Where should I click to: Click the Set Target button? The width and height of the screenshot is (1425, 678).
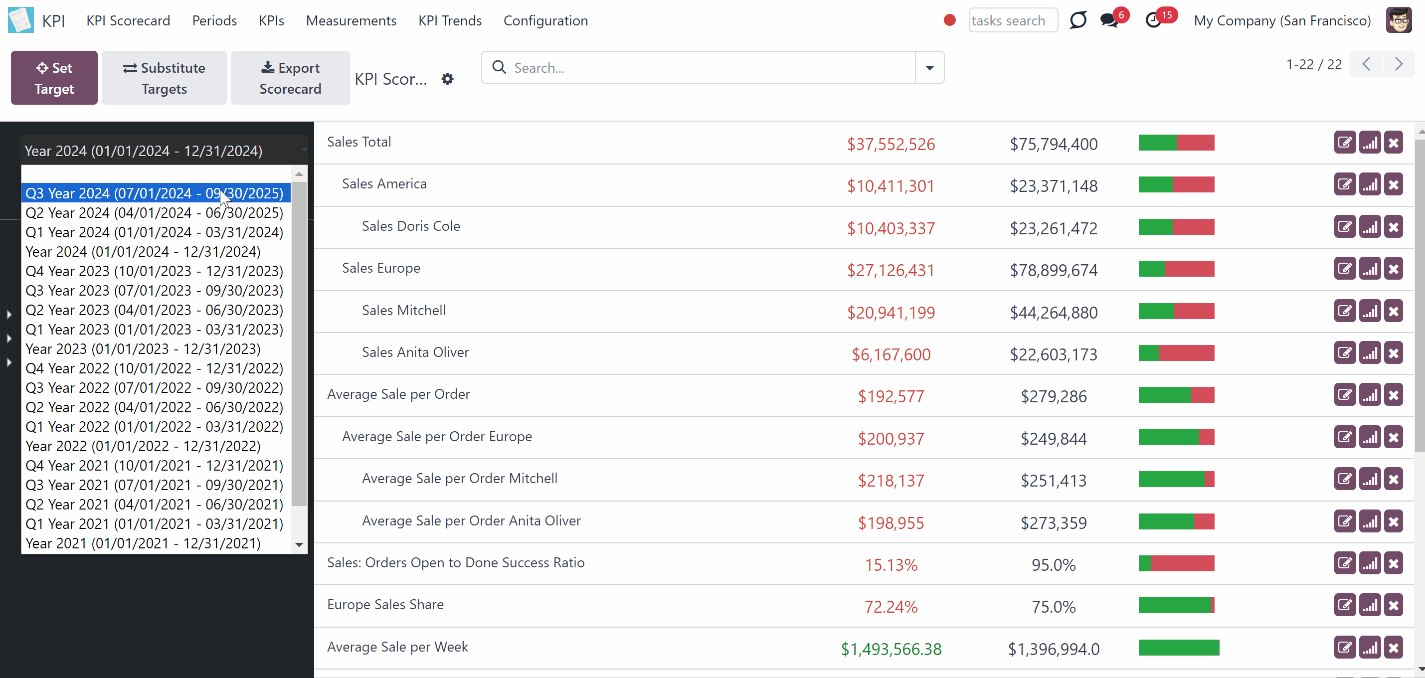54,78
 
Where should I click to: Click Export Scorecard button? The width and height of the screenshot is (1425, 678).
290,78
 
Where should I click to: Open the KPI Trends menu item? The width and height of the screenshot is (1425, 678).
450,20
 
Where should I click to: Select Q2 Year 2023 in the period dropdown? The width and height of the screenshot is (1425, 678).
155,310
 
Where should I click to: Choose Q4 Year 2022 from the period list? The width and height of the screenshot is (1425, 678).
155,368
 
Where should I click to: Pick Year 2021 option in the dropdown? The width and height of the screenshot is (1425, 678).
143,543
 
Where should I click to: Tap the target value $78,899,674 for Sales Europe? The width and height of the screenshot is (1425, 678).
1053,270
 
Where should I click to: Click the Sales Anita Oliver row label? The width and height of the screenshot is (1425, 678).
415,352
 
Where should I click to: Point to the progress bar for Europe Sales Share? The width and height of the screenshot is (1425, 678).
1176,605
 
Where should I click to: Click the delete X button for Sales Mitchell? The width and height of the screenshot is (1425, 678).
1394,312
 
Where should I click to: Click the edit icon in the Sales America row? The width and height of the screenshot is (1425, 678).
1345,185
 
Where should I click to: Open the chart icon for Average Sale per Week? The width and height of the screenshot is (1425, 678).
1370,648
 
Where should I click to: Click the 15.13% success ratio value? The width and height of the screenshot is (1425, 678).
891,565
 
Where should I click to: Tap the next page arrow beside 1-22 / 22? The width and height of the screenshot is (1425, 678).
1399,65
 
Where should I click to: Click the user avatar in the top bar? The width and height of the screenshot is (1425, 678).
1399,20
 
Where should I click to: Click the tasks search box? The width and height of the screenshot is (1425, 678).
1013,20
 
